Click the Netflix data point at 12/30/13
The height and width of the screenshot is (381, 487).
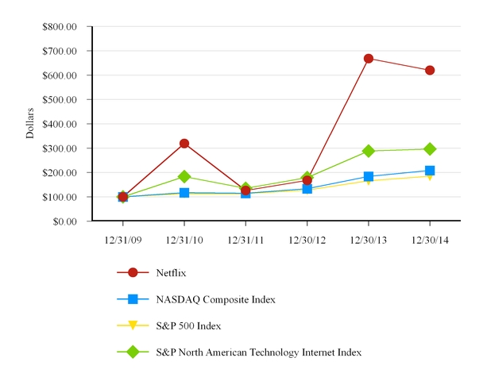click(369, 59)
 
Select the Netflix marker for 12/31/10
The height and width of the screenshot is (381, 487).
click(184, 144)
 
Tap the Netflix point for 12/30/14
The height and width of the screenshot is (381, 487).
click(430, 70)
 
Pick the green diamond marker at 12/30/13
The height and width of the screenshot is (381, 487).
click(369, 151)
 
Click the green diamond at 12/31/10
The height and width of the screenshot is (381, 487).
click(184, 176)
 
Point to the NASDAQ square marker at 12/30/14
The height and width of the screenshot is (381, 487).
click(430, 171)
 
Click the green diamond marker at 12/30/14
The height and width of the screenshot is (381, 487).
click(430, 149)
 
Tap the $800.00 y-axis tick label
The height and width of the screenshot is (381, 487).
click(60, 26)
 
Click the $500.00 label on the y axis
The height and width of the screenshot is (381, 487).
click(60, 99)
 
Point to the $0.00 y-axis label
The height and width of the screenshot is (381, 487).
click(65, 221)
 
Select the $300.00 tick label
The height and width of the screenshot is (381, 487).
click(60, 148)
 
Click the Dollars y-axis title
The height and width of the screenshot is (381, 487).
click(30, 123)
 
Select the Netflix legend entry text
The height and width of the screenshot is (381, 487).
click(171, 273)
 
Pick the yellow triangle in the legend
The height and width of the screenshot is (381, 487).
click(133, 325)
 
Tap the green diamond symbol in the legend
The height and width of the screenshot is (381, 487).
click(133, 351)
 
